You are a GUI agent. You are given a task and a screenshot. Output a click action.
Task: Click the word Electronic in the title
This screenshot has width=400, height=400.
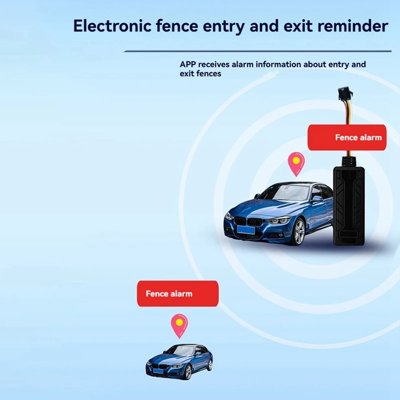[x=112, y=26]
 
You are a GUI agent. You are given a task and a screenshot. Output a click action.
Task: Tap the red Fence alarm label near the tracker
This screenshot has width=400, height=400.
[x=347, y=137]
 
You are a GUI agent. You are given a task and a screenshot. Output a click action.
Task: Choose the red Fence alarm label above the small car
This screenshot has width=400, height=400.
[x=178, y=293]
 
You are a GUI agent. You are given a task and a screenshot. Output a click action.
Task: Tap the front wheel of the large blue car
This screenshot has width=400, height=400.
[x=299, y=232]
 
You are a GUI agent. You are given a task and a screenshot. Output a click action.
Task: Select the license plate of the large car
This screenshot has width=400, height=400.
[x=246, y=230]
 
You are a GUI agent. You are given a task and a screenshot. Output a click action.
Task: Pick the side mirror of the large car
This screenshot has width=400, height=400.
[x=317, y=198]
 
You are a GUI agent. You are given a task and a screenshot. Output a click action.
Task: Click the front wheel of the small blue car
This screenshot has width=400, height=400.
[x=188, y=372]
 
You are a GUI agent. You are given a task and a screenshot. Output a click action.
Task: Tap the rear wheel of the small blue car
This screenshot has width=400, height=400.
[x=209, y=365]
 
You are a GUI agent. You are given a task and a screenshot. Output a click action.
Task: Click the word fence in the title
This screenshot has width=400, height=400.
[x=177, y=26]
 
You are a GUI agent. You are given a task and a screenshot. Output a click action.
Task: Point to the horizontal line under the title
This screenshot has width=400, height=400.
[x=257, y=51]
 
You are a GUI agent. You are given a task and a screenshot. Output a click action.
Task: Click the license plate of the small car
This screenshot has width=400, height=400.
[x=158, y=371]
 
